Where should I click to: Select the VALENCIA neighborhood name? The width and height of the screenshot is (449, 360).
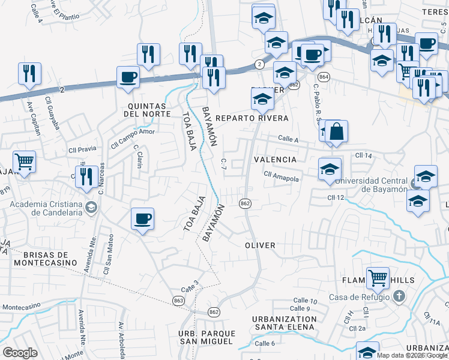click(x=275, y=160)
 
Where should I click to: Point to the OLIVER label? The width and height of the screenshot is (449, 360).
click(x=260, y=245)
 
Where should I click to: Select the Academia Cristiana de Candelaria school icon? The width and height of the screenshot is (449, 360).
click(x=91, y=208)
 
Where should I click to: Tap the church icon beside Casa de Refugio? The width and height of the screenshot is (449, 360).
click(x=399, y=296)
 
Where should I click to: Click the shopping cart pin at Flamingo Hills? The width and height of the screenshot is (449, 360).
click(x=378, y=278)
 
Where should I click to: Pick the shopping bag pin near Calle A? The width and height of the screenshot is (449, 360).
click(x=337, y=131)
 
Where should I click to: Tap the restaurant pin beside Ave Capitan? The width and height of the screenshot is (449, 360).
click(x=29, y=73)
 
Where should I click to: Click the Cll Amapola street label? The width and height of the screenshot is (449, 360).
click(x=281, y=175)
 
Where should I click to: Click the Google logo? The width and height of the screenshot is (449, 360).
click(x=20, y=352)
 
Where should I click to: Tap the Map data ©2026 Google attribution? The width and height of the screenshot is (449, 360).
click(x=411, y=355)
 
